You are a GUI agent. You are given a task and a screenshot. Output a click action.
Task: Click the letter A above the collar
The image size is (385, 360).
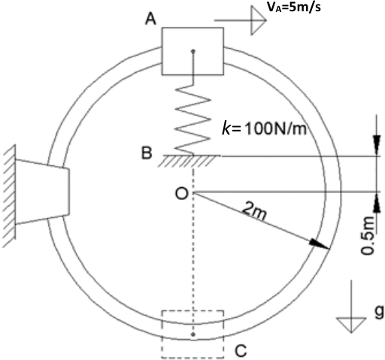[x=151, y=20]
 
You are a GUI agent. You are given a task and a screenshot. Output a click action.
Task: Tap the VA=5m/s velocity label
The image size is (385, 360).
[x=293, y=7]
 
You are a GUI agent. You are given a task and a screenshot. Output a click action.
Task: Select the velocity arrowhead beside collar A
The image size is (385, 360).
[x=259, y=20]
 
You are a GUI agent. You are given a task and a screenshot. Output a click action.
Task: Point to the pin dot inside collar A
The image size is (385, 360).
[x=193, y=52]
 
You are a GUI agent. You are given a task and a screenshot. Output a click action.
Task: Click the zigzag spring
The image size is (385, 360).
[x=192, y=119]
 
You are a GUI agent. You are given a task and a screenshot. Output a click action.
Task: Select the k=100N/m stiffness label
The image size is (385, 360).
[x=265, y=129]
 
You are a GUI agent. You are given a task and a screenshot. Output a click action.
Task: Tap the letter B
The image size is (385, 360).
[x=147, y=153]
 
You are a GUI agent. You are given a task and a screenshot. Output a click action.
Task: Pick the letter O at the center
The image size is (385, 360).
[x=181, y=193]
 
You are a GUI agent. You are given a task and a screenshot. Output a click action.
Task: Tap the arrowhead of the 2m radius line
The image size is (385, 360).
[x=319, y=244]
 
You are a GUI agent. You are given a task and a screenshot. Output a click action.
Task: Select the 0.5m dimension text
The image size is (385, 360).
[x=368, y=235]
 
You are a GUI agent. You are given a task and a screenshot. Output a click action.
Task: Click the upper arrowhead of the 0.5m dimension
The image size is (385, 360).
[x=377, y=145]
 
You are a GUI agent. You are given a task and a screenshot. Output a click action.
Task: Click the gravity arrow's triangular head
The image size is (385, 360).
[x=351, y=325]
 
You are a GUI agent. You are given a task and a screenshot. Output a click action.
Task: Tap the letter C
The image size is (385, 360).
[x=241, y=350]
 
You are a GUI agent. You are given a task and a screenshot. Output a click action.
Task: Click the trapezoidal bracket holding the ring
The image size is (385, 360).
[x=42, y=191]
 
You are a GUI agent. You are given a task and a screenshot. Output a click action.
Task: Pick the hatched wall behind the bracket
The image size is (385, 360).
[x=9, y=196]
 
